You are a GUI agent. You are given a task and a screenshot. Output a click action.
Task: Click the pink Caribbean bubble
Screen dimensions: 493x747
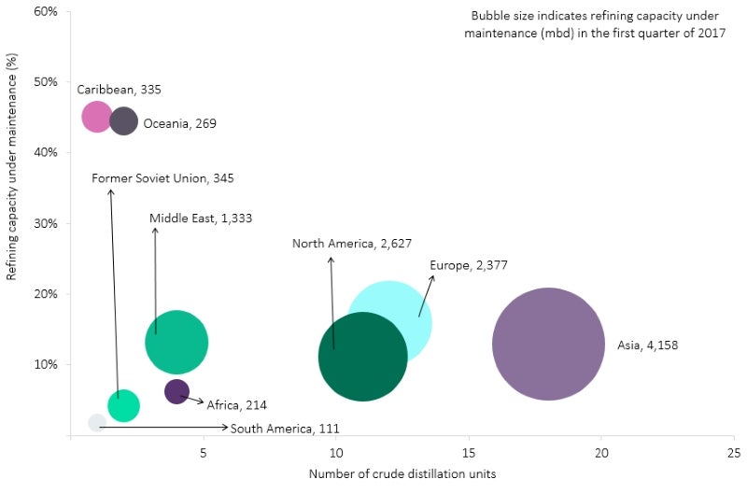97,117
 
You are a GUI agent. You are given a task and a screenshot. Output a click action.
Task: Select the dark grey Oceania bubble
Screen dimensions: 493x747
123,120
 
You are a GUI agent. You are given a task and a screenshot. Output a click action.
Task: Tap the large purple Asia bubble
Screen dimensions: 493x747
548,344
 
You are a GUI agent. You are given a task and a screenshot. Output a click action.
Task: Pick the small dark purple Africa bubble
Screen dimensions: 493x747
176,391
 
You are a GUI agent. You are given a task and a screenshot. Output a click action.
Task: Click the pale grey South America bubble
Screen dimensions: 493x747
97,423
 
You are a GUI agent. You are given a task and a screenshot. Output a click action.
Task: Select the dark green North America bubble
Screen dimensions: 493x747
362,357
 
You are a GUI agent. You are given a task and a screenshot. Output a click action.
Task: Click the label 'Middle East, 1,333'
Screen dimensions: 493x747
201,218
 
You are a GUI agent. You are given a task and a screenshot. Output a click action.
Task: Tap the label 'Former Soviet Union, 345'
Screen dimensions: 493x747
162,178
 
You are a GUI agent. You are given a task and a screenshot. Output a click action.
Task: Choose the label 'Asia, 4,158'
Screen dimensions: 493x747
647,345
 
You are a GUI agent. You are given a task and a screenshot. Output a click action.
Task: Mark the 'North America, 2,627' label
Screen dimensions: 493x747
349,245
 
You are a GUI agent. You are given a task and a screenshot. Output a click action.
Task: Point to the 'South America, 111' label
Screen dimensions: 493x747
285,429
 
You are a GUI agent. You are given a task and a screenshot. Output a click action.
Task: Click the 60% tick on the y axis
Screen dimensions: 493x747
47,11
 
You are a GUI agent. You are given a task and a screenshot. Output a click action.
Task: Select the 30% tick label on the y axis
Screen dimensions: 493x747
47,223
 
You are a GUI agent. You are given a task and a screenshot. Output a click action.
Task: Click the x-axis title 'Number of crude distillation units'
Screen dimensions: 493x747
402,473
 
